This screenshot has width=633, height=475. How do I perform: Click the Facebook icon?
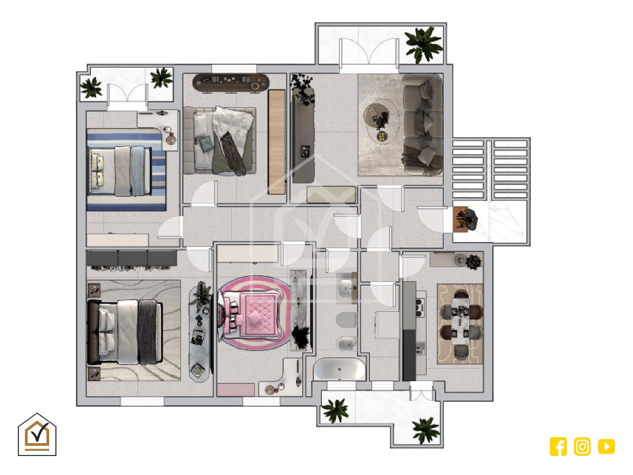(558, 446)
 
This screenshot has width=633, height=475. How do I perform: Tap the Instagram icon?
(582, 446)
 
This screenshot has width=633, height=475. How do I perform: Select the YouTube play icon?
(606, 446)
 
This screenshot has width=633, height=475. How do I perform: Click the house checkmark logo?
(37, 434)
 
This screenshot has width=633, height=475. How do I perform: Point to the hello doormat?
(460, 219)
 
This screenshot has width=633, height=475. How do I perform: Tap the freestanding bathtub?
(340, 369)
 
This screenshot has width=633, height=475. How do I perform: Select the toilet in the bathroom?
(346, 320)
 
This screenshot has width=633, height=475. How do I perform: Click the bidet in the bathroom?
(346, 344)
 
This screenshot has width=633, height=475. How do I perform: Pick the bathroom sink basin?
(346, 288)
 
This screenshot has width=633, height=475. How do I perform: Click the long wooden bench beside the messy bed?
(277, 141)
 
